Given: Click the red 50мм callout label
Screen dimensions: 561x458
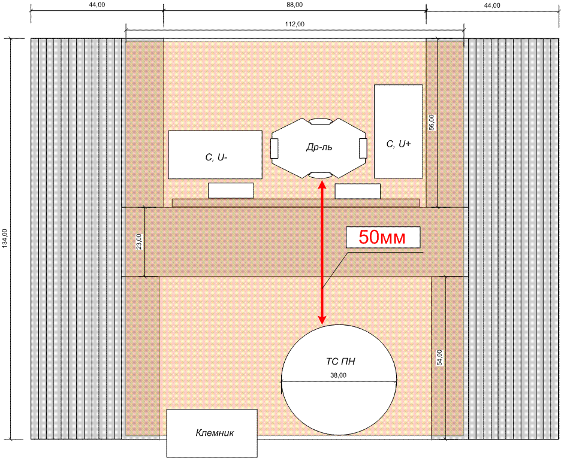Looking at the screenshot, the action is [x=383, y=237].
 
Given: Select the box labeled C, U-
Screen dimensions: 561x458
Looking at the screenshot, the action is [x=215, y=154].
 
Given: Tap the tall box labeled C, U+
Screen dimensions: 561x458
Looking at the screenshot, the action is [x=398, y=131].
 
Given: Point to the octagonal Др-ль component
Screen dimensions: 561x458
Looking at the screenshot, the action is [x=319, y=148].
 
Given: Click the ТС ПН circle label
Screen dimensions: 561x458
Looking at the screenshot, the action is [x=340, y=362].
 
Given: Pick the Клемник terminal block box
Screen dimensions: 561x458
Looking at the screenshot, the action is [x=212, y=433].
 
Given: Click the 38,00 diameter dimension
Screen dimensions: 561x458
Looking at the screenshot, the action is [x=339, y=375].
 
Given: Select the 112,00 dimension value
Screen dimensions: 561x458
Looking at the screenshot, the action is [x=295, y=25].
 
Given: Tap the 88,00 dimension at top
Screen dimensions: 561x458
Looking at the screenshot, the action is [x=295, y=5].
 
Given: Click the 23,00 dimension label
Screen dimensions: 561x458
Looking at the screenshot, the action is [x=139, y=241].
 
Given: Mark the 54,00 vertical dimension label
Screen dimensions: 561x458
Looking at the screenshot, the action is [x=439, y=357].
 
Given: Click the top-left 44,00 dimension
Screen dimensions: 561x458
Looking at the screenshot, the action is [x=96, y=5].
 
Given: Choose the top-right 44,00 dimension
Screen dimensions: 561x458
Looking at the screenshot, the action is [x=492, y=5].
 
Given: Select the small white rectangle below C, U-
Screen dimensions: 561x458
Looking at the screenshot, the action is [x=231, y=190].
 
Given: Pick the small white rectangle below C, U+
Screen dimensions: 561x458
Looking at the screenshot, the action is [x=357, y=191].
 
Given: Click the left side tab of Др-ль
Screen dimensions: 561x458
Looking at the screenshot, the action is [x=274, y=148].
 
